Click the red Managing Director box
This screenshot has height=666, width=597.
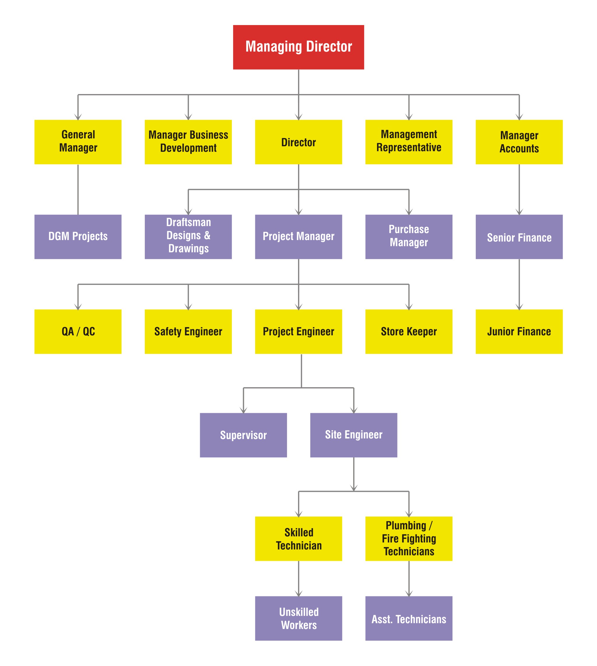point(298,47)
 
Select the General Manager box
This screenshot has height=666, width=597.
point(78,142)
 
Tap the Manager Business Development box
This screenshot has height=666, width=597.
point(188,142)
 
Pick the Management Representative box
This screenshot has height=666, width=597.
point(408,142)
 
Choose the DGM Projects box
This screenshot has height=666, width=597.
point(78,237)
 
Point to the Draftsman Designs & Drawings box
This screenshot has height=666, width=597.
point(188,237)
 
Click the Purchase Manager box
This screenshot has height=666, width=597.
point(408,237)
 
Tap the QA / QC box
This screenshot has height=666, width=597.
point(78,331)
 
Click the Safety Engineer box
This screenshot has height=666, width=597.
point(188,331)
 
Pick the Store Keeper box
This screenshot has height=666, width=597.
point(408,331)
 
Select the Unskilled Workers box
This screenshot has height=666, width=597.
point(298,618)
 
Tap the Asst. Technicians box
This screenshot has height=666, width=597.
point(408,618)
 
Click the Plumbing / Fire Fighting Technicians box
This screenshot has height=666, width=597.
point(408,538)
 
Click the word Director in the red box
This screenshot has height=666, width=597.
point(329,47)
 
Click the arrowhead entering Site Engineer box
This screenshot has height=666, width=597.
point(353,410)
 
